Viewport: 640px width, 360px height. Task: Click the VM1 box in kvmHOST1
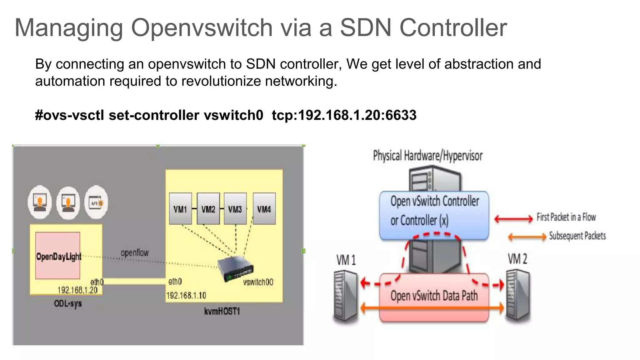coord(180,208)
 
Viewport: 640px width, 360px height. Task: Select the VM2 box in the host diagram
coord(208,208)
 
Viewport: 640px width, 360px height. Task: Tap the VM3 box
coord(235,208)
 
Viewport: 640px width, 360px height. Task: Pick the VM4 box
coord(264,208)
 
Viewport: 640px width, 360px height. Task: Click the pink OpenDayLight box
coord(58,255)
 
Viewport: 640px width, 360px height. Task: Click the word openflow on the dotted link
coord(135,252)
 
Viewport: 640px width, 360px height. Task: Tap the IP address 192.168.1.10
coord(186,295)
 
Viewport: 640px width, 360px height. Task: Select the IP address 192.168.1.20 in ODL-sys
coord(77,290)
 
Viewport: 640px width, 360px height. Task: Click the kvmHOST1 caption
coord(222,311)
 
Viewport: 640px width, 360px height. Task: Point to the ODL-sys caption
coord(68,303)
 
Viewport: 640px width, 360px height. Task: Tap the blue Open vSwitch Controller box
coord(434,215)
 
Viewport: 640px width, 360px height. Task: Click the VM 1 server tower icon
coord(346,295)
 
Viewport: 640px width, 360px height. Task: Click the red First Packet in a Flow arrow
coord(513,218)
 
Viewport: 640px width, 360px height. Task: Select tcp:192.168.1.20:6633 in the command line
coord(344,115)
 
